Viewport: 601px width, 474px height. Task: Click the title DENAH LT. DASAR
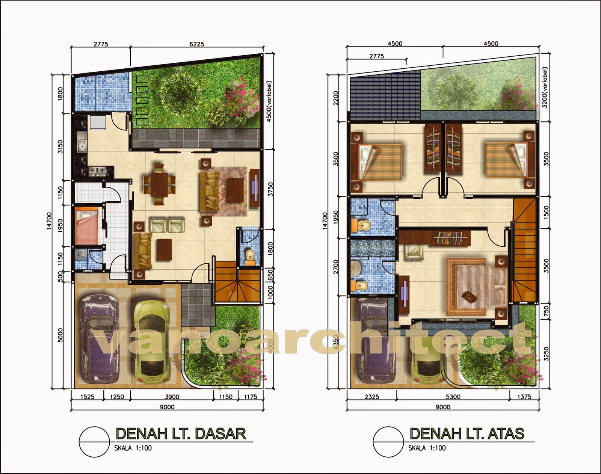pos(181,433)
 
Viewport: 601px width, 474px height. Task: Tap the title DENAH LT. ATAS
pos(467,433)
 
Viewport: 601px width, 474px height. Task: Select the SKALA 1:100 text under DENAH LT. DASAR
pos(133,448)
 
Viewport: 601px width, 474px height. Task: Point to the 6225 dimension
pos(196,44)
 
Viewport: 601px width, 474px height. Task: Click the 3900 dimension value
pos(172,397)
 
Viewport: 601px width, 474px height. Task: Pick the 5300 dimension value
pos(453,397)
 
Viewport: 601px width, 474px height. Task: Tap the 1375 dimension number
pos(524,397)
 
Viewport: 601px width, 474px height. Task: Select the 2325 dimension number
pos(371,397)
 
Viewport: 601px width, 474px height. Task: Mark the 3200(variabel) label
pos(545,87)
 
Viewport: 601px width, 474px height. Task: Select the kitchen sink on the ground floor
pos(82,143)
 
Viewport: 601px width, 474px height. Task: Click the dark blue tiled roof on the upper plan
pos(385,92)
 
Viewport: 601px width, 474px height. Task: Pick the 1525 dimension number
pos(87,397)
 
